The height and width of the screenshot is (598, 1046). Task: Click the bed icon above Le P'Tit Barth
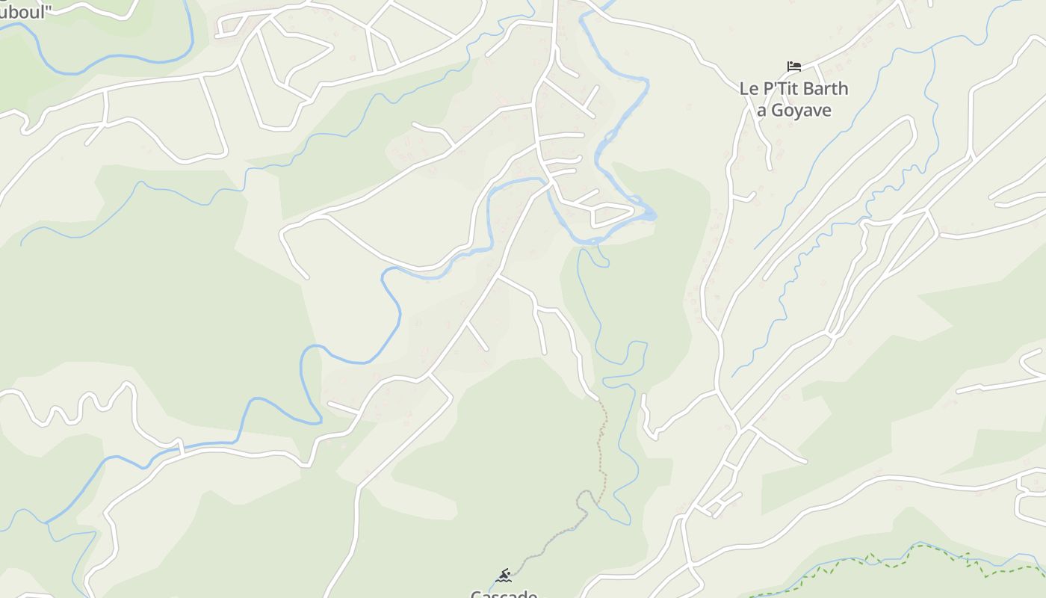tap(793, 67)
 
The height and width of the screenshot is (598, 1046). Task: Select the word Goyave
tap(801, 111)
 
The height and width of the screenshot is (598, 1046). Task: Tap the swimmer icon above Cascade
tap(504, 575)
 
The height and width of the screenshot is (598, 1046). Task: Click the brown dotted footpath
tap(601, 449)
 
